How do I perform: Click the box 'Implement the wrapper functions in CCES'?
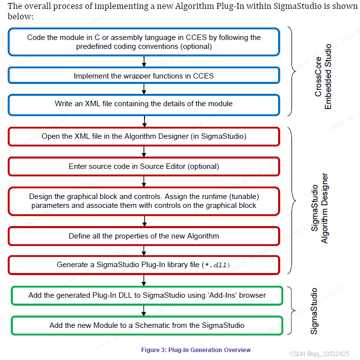[144, 76]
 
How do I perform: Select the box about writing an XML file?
[144, 104]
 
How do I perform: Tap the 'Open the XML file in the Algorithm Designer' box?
[144, 136]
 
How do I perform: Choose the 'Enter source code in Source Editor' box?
[144, 166]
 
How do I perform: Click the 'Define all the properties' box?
[144, 236]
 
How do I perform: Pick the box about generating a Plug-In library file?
[144, 265]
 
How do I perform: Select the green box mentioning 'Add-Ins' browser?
[147, 295]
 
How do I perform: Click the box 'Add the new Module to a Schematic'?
[147, 325]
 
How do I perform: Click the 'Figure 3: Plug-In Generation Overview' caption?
[196, 350]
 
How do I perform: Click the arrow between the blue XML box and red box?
[144, 121]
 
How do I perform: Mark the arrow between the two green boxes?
[144, 310]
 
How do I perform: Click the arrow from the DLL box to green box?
[144, 280]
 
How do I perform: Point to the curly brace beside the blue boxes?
[293, 72]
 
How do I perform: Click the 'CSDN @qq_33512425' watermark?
[320, 354]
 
